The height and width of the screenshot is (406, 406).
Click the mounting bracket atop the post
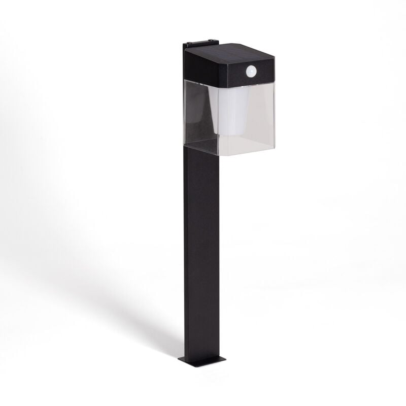coord(200,44)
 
